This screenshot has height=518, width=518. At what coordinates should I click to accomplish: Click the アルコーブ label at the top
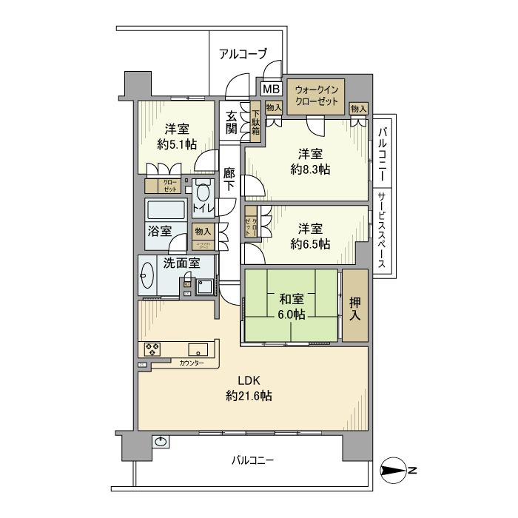pyautogui.click(x=243, y=53)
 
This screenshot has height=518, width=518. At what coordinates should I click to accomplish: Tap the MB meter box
pyautogui.click(x=271, y=90)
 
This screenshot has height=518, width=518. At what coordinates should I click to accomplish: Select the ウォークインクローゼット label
pyautogui.click(x=316, y=95)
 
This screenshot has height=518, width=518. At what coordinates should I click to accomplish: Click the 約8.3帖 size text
pyautogui.click(x=310, y=169)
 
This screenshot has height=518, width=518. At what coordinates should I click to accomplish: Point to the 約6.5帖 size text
pyautogui.click(x=310, y=244)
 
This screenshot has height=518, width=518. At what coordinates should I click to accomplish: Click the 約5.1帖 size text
pyautogui.click(x=176, y=144)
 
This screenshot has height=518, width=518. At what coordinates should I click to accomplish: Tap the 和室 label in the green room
pyautogui.click(x=292, y=300)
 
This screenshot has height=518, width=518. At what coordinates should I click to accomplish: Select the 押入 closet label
pyautogui.click(x=355, y=306)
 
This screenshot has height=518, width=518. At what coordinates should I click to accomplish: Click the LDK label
pyautogui.click(x=248, y=380)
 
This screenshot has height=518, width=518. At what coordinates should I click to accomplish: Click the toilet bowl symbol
pyautogui.click(x=203, y=192)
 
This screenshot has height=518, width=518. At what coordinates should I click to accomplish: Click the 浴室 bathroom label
pyautogui.click(x=158, y=230)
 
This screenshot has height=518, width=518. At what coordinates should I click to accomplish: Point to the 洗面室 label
pyautogui.click(x=181, y=263)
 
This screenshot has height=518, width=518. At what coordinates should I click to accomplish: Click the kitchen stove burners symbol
pyautogui.click(x=153, y=349)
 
